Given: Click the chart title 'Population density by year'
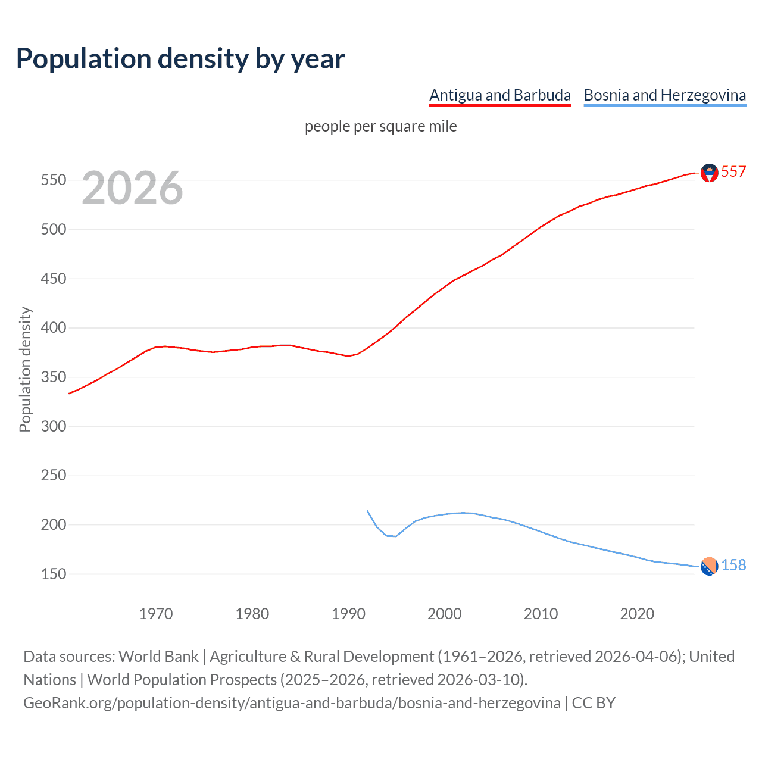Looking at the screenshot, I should coord(180,59).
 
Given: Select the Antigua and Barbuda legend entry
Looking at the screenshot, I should coord(500,95).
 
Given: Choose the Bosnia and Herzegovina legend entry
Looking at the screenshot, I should coord(664,95).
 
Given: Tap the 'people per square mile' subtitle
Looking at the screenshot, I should coord(380,126).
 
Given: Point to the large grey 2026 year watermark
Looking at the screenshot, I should coord(132,188).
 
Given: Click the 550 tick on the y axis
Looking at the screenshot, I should coord(53,180).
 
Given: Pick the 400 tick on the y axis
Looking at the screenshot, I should coord(53,327).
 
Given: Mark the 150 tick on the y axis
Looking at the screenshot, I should coord(53,574).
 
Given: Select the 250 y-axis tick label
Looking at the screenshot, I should coord(53,475).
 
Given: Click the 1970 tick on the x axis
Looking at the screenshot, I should coord(156,613).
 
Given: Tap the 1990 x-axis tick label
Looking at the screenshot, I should coord(348,613).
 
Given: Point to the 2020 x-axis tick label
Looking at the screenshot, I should coord(637,613).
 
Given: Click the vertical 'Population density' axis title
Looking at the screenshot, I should coord(25,369).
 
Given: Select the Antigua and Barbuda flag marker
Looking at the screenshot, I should coord(709,173).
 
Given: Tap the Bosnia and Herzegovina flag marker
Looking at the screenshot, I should coord(709,567).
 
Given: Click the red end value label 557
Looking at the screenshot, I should coord(733,171).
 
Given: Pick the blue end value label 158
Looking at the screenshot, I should coord(733,565).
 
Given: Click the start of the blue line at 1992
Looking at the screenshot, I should coord(367,511).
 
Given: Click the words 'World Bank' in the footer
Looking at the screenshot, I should coord(158,656).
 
